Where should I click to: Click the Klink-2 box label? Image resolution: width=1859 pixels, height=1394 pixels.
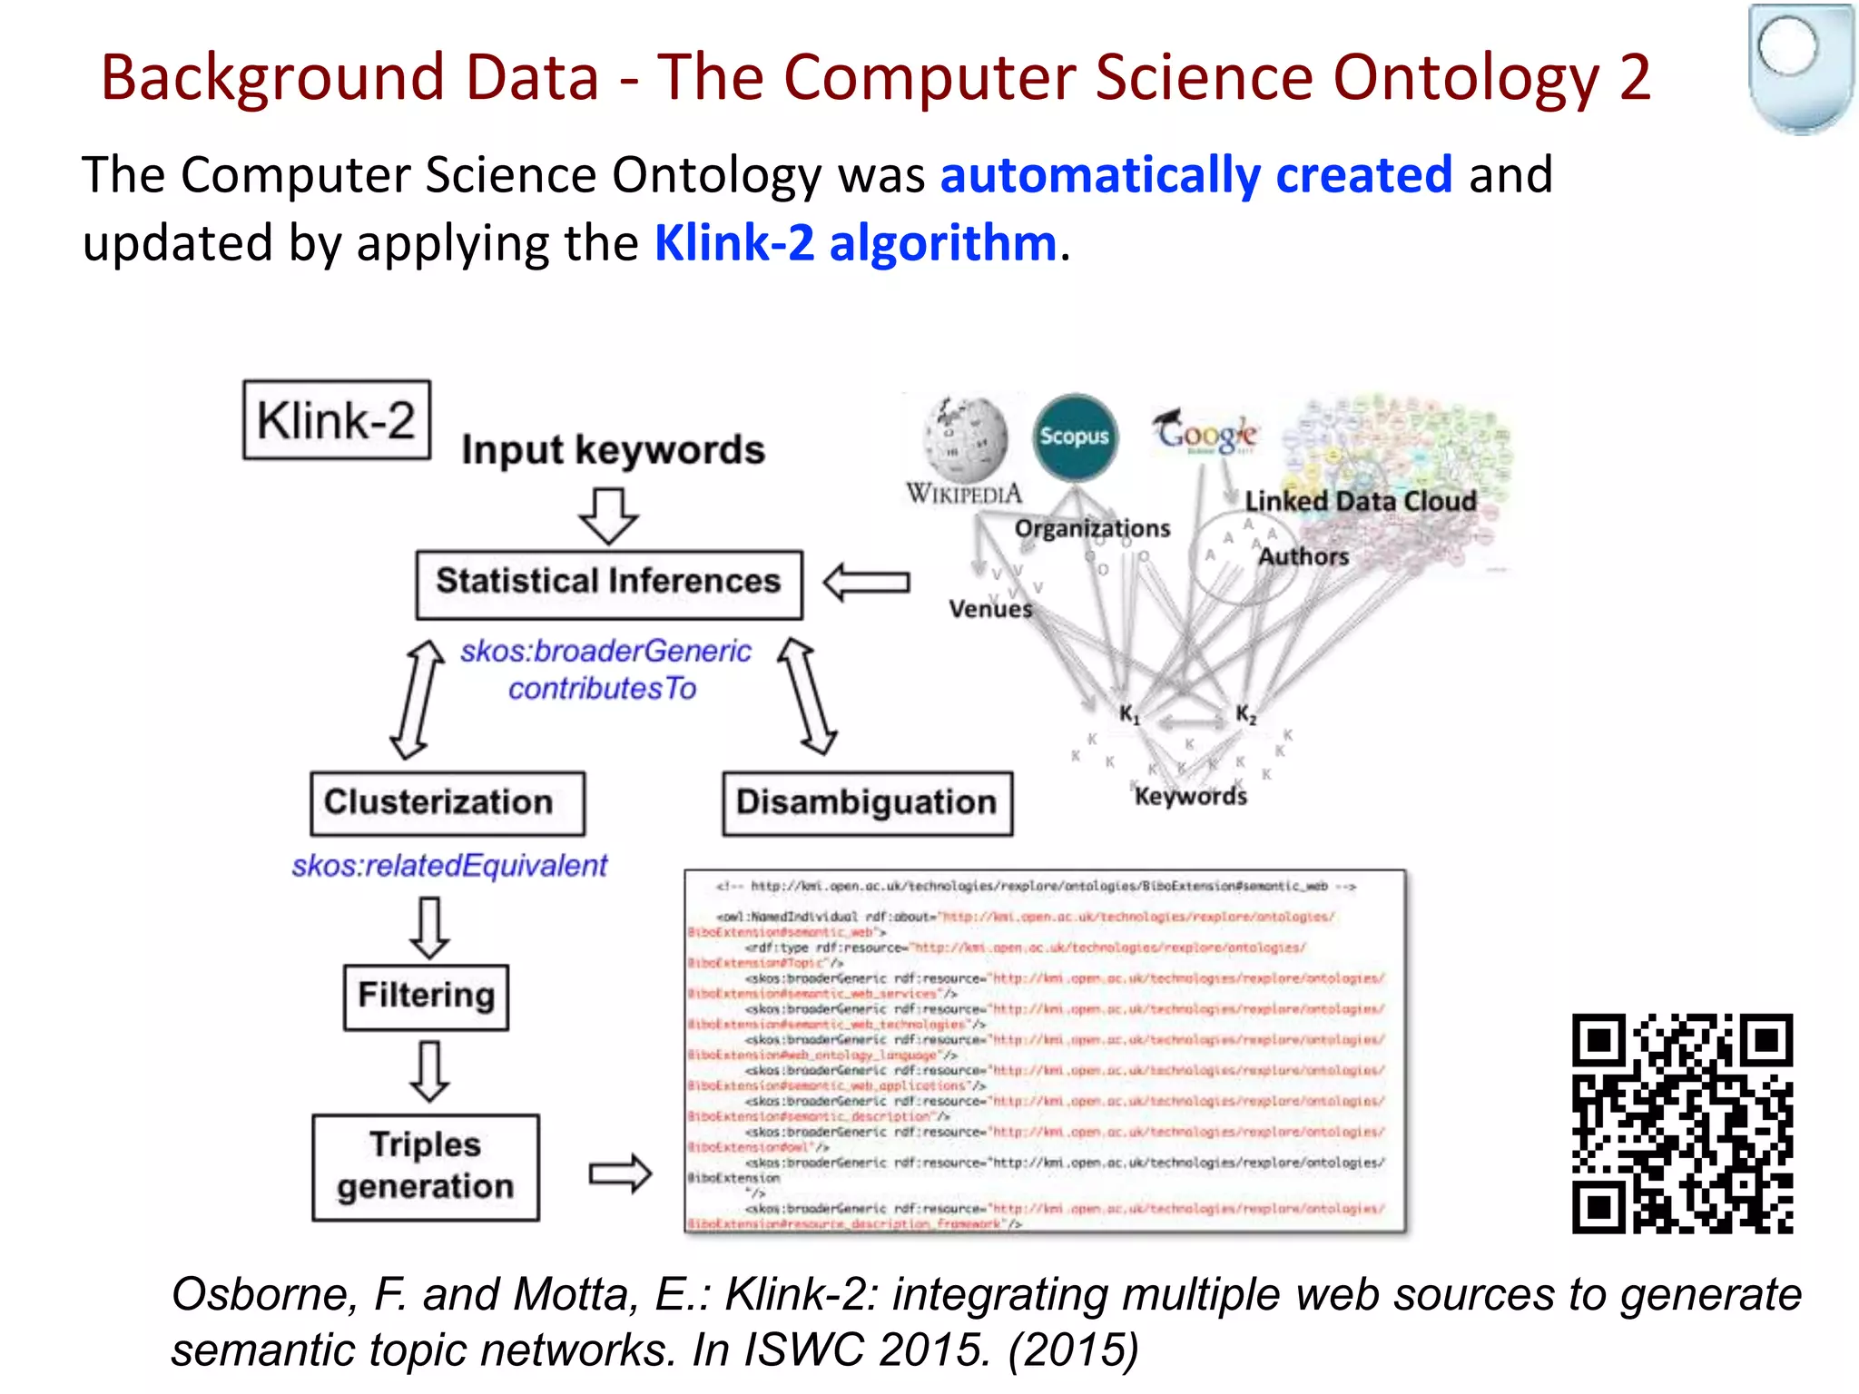(x=337, y=420)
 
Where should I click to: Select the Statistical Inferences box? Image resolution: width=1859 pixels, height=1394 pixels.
(x=609, y=584)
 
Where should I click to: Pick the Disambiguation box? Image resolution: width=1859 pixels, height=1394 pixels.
(x=867, y=803)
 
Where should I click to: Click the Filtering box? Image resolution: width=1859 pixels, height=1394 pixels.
(x=426, y=996)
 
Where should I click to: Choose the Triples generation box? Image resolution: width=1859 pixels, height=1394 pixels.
(x=426, y=1167)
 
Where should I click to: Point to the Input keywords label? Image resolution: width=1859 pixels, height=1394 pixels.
(x=613, y=450)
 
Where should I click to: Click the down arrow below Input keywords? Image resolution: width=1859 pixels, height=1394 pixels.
(x=608, y=515)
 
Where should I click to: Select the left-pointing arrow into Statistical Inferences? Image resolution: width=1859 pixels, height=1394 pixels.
(x=866, y=582)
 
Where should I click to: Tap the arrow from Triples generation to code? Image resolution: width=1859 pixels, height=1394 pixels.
(x=620, y=1173)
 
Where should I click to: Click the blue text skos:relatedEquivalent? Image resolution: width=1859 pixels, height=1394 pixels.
(x=449, y=866)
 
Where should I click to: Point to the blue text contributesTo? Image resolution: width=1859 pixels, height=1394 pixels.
(x=602, y=689)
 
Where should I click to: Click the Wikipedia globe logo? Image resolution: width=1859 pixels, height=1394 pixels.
(x=966, y=440)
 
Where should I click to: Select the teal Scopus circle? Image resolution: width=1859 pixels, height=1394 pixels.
(x=1075, y=437)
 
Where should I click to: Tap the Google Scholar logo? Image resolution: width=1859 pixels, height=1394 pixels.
(x=1205, y=431)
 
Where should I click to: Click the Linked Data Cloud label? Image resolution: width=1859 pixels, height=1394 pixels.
(x=1360, y=501)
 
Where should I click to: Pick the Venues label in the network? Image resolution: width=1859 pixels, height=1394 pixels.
(x=990, y=608)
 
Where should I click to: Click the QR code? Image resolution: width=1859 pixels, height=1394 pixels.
(x=1682, y=1124)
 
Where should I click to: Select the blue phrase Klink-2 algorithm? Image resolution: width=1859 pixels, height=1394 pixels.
(x=856, y=243)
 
